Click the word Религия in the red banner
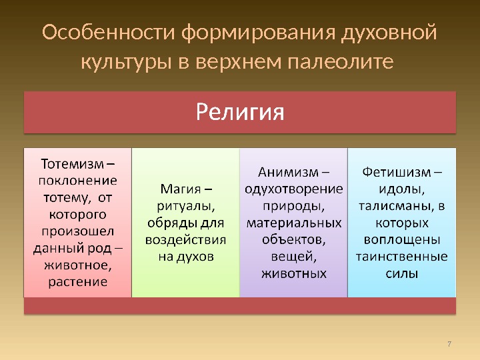pos(240,112)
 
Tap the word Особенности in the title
pos(109,32)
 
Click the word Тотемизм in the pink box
pos(73,164)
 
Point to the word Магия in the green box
pos(181,189)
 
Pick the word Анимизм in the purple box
pos(289,173)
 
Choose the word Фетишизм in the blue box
pos(397,173)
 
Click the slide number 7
pos(449,344)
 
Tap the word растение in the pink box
pos(78,282)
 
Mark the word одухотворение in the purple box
pos(294,189)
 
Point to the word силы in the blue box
pos(402,274)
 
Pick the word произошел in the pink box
pos(78,231)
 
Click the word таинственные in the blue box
pos(402,257)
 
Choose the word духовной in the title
pos(389,32)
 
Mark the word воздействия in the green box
pos(186,240)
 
